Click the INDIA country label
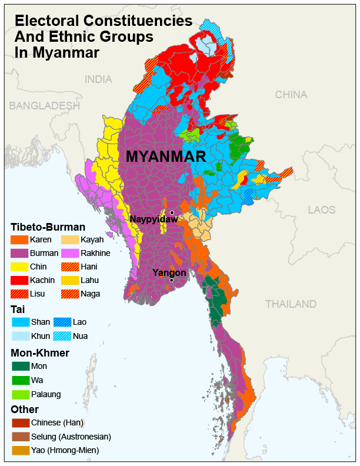[x=98, y=79]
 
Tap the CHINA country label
[x=291, y=94]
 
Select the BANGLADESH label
[x=44, y=106]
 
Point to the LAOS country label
[x=322, y=209]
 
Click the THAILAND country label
[x=290, y=304]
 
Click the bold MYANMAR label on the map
[x=166, y=157]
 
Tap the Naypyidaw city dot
[x=172, y=212]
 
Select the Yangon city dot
[x=171, y=280]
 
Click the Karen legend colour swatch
[x=20, y=239]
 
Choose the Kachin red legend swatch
[x=20, y=280]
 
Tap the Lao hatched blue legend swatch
[x=62, y=322]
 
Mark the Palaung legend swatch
[x=20, y=394]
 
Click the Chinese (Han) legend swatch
[x=20, y=422]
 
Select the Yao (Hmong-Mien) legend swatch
[x=20, y=450]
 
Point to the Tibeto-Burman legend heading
[x=48, y=227]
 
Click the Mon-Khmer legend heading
[x=40, y=353]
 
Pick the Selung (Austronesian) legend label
[x=71, y=437]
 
